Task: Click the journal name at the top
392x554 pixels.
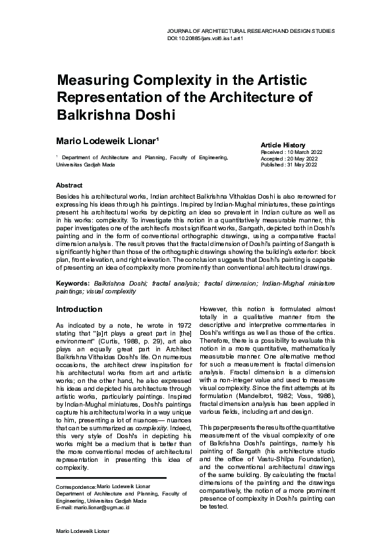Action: tap(252, 31)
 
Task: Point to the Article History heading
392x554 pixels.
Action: tap(283, 145)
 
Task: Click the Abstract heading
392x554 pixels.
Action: tap(69, 186)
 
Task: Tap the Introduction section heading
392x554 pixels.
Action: tap(79, 309)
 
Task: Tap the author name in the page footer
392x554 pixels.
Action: tap(83, 530)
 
